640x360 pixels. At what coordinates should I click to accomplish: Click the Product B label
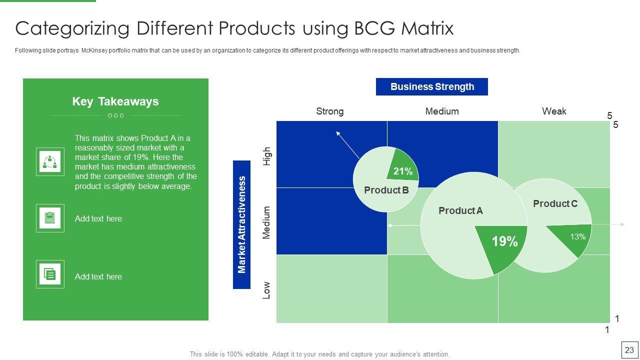[386, 190]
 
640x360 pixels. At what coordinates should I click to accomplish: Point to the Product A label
[460, 211]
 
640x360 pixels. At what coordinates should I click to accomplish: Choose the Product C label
[555, 203]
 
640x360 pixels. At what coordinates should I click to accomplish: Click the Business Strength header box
[431, 86]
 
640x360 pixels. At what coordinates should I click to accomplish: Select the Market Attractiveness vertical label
[241, 224]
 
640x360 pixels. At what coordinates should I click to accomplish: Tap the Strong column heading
[329, 111]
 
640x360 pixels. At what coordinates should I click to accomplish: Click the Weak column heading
[554, 111]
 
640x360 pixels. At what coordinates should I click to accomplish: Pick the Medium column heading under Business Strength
[442, 111]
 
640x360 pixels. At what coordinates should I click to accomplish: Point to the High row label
[266, 156]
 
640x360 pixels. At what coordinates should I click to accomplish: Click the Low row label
[266, 290]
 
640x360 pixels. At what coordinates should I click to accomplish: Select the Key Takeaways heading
[115, 101]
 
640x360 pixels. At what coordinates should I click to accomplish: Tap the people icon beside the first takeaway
[50, 161]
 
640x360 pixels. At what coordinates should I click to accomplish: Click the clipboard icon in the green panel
[50, 218]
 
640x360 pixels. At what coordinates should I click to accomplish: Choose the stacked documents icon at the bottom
[50, 274]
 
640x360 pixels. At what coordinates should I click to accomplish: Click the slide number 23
[629, 350]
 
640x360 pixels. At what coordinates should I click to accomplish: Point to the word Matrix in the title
[427, 28]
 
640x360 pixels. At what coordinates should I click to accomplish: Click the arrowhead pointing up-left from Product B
[338, 133]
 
